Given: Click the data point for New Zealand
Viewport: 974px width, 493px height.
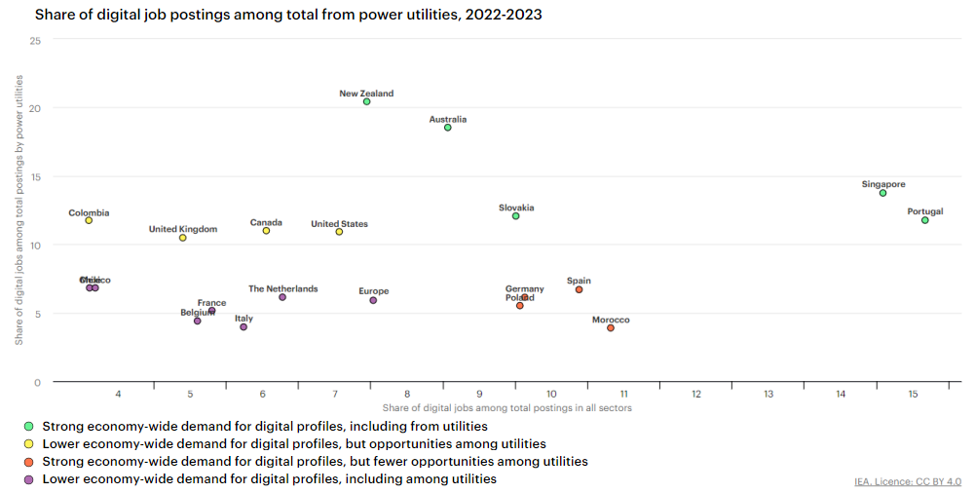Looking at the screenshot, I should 366,101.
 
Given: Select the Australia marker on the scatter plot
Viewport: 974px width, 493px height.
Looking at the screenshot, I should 448,128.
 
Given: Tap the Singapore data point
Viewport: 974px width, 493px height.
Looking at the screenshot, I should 883,193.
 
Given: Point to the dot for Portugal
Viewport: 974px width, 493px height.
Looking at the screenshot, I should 925,220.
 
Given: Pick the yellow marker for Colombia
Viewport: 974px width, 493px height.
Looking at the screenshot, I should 89,220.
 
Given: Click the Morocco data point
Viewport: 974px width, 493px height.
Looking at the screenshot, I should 611,328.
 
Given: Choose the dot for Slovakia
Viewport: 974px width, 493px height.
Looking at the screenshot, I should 516,216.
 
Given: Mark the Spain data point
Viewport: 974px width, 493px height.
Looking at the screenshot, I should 579,289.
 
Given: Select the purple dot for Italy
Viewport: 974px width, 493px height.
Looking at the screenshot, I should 243,327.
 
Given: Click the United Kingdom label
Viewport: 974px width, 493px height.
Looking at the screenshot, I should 183,230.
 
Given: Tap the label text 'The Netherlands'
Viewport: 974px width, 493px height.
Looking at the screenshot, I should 282,289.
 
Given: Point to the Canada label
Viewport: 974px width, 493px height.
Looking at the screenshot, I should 266,222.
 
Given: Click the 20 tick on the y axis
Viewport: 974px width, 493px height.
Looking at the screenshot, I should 35,108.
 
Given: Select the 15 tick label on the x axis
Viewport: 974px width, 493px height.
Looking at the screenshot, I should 913,394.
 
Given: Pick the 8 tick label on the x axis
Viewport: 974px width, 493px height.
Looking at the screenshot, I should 407,394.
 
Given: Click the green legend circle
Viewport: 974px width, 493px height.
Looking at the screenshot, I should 29,426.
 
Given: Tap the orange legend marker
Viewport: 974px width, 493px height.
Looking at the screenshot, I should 29,461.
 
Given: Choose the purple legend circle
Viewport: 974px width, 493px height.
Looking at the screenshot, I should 29,478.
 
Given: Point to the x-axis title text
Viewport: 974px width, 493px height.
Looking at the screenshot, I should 507,407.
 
